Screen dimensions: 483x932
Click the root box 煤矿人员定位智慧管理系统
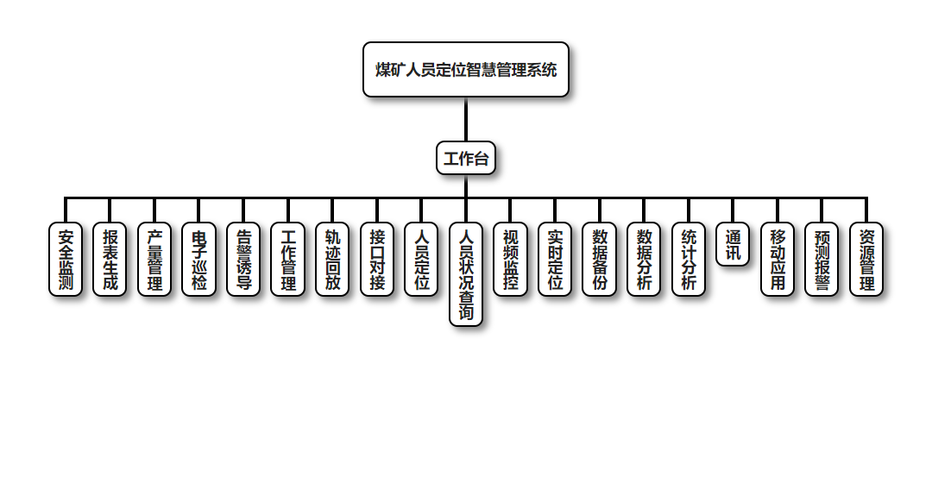pos(466,70)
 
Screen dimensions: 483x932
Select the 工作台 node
pos(466,159)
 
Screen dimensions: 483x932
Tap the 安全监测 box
pos(66,260)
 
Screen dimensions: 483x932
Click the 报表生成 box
pos(110,260)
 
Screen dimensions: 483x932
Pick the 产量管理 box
pos(154,260)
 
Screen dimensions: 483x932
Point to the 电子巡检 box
pos(199,260)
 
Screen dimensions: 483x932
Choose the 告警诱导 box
pos(244,260)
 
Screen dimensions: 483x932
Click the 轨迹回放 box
pos(332,260)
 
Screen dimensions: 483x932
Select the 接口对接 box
pos(377,260)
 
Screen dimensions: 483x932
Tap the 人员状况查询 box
pos(466,275)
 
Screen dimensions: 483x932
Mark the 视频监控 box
pos(510,260)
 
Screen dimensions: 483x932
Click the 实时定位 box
pos(555,260)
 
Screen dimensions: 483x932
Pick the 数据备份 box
pos(600,260)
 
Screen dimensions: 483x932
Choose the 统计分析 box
pos(689,260)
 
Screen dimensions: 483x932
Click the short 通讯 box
pos(733,245)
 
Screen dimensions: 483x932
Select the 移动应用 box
pos(778,260)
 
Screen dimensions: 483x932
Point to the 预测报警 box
pos(822,260)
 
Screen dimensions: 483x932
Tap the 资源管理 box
pos(866,260)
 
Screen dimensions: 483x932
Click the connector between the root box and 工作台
pos(466,119)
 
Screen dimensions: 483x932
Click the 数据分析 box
pos(644,260)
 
